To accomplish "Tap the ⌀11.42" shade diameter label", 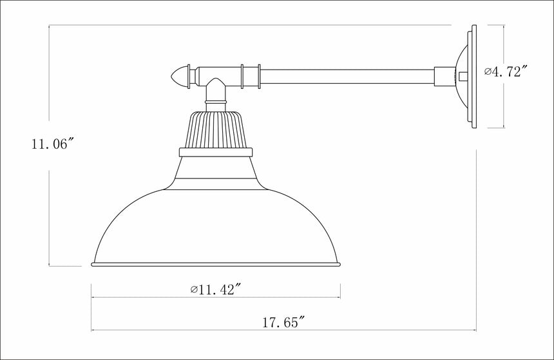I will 216,290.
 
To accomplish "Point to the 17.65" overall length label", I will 284,323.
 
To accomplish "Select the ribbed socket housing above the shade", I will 215,129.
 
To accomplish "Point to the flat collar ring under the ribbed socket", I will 215,153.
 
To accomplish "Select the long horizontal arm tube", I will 348,76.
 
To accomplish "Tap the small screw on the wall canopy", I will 463,76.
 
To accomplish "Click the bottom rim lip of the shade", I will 216,264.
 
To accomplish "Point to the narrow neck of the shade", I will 215,171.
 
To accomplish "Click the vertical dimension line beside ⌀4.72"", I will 503,103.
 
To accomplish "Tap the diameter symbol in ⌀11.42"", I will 194,290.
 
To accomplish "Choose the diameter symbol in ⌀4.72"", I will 488,71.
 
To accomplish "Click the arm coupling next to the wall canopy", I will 444,77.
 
